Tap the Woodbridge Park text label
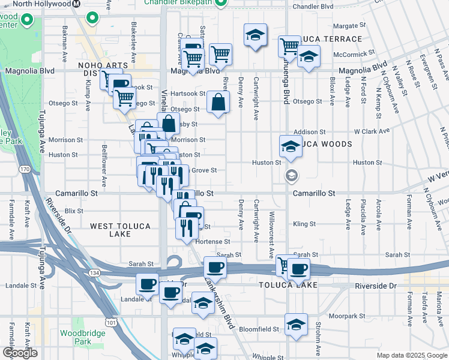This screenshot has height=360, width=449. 76,337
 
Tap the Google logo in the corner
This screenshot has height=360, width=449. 20,353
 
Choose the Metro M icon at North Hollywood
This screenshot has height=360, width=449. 76,4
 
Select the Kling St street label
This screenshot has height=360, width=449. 304,224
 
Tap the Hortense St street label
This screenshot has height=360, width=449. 212,241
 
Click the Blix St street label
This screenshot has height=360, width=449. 74,211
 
